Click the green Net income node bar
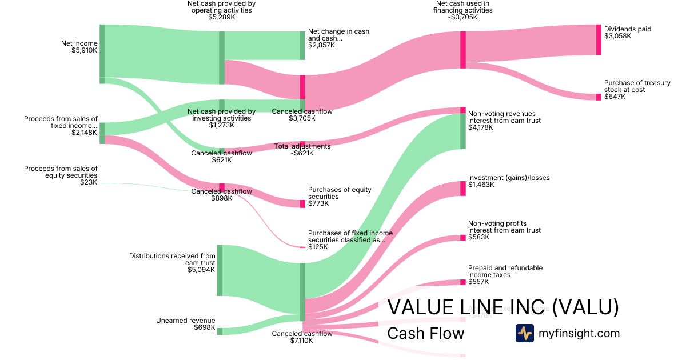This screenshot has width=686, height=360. pos(102,51)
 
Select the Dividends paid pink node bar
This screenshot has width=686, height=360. pos(599,39)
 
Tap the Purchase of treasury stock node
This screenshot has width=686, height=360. pos(599,97)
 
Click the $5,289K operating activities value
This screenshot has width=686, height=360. pos(221,17)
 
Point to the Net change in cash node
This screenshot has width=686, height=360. pos(303,45)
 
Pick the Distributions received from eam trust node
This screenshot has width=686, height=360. pos(220,270)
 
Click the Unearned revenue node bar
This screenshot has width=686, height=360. pos(220,331)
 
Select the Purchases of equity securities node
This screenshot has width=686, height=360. pos(302,204)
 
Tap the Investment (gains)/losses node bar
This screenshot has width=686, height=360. pos(463,189)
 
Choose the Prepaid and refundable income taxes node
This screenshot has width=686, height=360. pos(463,282)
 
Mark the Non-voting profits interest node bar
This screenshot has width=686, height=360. pos(463,237)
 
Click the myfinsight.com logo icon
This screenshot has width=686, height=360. pos(524,333)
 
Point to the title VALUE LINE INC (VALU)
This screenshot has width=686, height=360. pos(503,307)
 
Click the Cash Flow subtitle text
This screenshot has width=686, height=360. pos(426,333)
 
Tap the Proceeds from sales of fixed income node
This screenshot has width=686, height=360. pos(102,133)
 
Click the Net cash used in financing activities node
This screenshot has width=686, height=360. pos(463,50)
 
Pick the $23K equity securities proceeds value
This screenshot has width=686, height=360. pos(89,182)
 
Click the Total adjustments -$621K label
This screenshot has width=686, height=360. pos(302,150)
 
